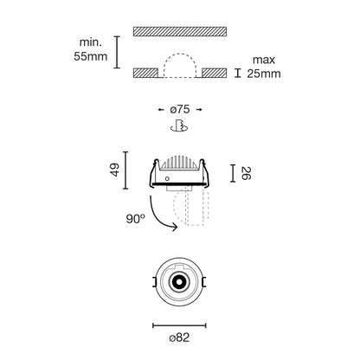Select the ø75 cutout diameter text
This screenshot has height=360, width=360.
[180, 109]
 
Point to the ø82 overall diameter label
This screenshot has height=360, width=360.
[179, 337]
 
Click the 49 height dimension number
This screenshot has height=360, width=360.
[115, 170]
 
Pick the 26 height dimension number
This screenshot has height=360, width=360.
[246, 173]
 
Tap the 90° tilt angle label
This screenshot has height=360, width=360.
[135, 219]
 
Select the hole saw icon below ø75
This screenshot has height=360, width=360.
[179, 125]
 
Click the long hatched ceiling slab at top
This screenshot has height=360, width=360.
[180, 31]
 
